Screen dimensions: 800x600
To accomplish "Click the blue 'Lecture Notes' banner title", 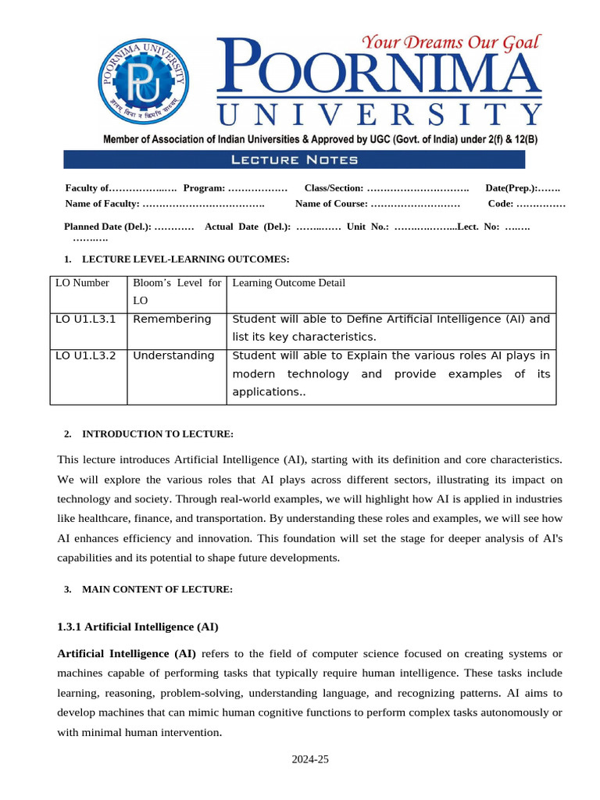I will click(x=295, y=160).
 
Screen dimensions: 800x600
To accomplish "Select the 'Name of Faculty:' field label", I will click(x=102, y=204).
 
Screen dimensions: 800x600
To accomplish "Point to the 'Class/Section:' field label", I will click(x=334, y=188).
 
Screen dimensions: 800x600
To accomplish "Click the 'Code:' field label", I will click(x=501, y=204).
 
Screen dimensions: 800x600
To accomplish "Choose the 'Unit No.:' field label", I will click(x=368, y=227).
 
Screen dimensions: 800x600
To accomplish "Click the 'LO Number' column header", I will click(x=82, y=283).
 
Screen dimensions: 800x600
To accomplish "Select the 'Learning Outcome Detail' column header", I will click(x=288, y=283).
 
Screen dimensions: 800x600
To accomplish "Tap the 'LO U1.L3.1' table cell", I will click(x=86, y=320).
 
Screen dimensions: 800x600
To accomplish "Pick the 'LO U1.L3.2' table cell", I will click(x=86, y=355).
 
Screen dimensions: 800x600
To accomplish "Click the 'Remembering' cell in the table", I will click(x=172, y=320).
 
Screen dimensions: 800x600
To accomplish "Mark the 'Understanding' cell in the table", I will click(x=173, y=355).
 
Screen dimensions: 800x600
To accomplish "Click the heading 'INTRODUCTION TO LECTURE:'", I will click(x=158, y=434).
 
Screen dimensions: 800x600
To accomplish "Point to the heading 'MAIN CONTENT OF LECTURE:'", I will click(x=157, y=590).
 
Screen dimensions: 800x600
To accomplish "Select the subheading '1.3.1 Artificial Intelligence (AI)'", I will click(x=137, y=627).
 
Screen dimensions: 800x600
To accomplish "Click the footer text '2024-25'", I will click(x=311, y=759).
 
